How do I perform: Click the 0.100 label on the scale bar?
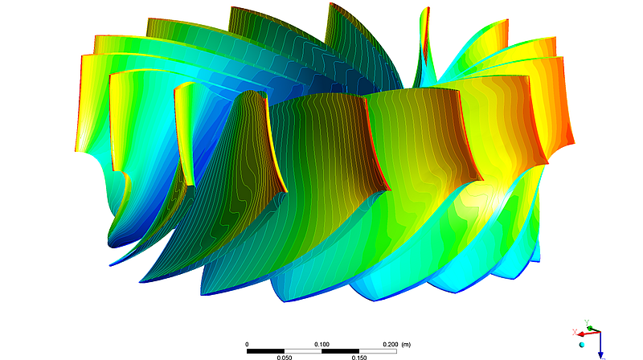tap(322, 343)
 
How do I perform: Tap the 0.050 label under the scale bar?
tap(285, 357)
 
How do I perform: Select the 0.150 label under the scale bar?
tap(359, 357)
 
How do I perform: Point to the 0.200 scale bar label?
tap(389, 343)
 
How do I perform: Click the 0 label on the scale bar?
tap(247, 343)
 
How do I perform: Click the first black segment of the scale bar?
tap(265, 350)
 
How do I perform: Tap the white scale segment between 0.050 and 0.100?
tap(303, 350)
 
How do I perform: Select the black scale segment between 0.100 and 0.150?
tap(341, 350)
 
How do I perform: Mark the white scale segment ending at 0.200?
tap(378, 350)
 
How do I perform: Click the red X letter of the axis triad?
tap(574, 332)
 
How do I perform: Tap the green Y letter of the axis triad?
tap(588, 321)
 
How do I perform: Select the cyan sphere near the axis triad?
tap(583, 344)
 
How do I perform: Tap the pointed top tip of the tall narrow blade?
tap(426, 10)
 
